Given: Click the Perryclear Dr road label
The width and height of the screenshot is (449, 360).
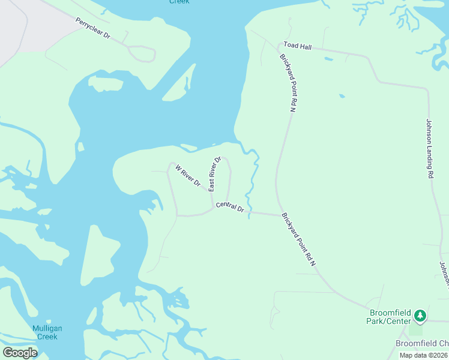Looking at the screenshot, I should coord(93,28).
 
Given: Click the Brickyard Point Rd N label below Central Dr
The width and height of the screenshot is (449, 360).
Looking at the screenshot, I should coord(298,240).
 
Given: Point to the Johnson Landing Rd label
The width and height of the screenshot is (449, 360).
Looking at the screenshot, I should coord(429,148).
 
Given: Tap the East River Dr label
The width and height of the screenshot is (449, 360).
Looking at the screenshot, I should coord(215,173).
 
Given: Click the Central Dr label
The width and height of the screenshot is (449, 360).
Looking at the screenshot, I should coord(230,208).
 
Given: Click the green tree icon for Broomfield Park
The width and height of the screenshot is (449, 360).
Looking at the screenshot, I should coord(421,315).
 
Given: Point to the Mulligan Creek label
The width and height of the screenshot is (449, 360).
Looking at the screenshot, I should coord(46,332).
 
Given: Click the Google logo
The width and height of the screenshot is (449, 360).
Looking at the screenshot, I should coord(20,353).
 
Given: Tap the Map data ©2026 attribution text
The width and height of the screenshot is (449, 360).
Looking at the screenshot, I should coord(424,355).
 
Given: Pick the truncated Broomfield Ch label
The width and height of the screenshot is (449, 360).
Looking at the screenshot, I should coord(421,343).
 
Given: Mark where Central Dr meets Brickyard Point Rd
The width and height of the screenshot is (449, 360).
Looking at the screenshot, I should coord(280,214).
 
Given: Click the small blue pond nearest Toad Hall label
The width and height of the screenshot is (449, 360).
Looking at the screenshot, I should coord(328,59).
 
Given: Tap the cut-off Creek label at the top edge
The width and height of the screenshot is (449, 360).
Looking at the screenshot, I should coord(179,2).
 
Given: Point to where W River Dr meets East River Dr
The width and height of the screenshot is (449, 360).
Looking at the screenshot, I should coord(210,192).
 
